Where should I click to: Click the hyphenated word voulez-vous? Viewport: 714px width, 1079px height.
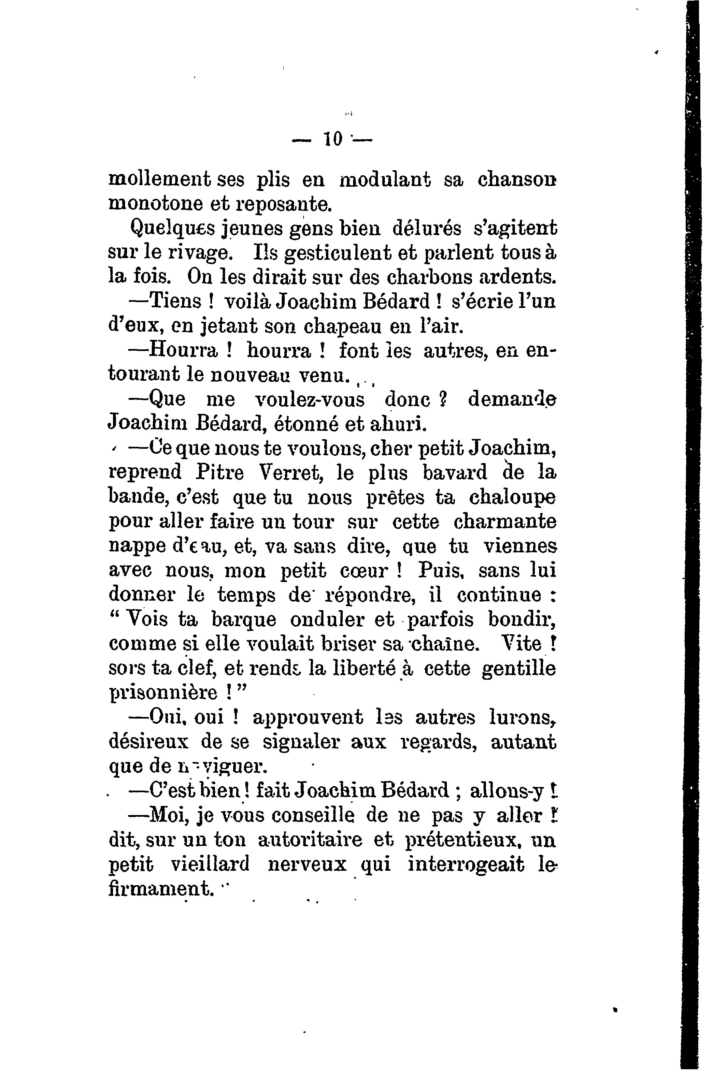click(x=310, y=400)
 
